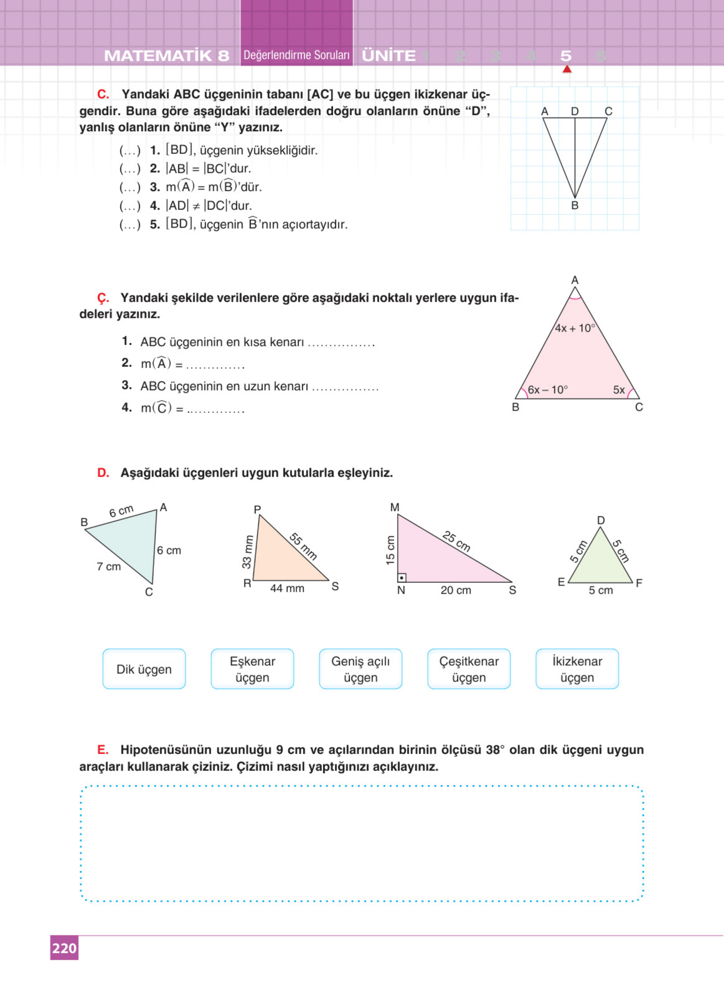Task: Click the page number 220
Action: click(x=64, y=948)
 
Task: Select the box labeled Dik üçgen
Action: click(x=144, y=669)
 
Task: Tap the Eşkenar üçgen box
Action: click(x=252, y=669)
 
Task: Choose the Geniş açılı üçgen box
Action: click(x=361, y=669)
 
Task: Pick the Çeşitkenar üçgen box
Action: click(x=468, y=669)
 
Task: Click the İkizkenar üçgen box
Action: click(x=577, y=669)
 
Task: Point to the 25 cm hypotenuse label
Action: click(x=456, y=541)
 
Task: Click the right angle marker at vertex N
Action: click(x=402, y=578)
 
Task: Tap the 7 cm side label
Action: click(x=109, y=566)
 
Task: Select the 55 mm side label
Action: click(x=303, y=547)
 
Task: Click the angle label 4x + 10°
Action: click(x=575, y=328)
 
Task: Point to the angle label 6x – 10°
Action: click(x=548, y=390)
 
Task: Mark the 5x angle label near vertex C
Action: click(x=619, y=390)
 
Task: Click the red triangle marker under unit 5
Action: click(x=567, y=69)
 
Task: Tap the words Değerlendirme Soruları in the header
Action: click(x=297, y=56)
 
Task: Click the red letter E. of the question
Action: click(x=103, y=750)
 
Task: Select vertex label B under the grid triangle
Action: click(x=575, y=205)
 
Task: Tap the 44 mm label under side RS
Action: click(x=287, y=588)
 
